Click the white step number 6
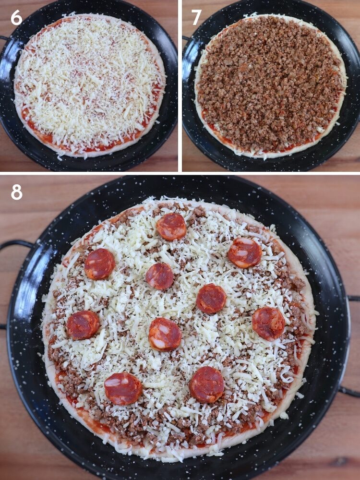[16, 17]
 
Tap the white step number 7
[196, 17]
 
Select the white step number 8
[16, 192]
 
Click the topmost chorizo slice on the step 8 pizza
[171, 227]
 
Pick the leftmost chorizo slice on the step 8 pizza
[83, 325]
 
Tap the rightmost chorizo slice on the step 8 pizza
[268, 324]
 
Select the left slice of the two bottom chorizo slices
[123, 388]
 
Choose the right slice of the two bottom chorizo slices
[206, 384]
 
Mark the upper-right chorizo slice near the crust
[245, 252]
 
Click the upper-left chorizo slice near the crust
[100, 264]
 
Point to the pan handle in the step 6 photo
[4, 38]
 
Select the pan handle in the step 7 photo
[186, 38]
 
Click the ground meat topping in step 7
[269, 82]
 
